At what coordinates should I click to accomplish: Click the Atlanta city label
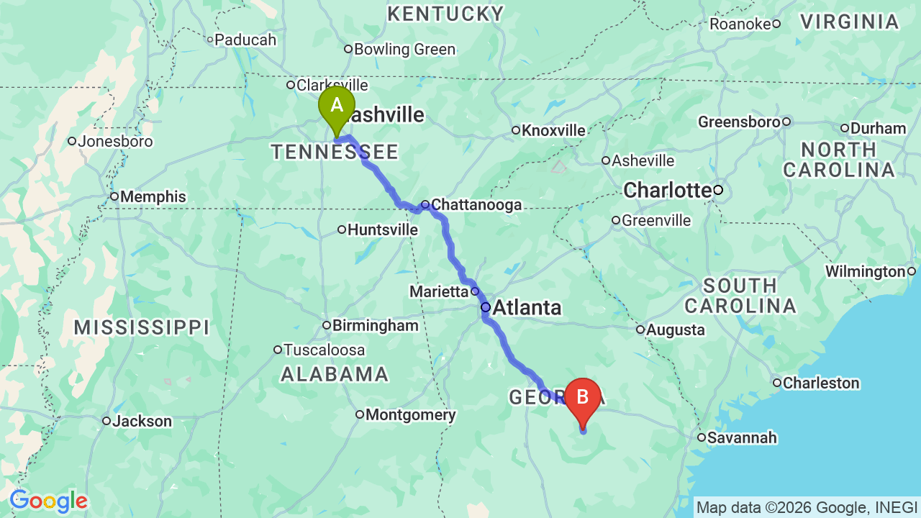point(527,308)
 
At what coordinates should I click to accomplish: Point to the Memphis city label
point(153,196)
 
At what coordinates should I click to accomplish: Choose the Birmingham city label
point(375,325)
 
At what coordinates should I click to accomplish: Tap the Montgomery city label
point(410,414)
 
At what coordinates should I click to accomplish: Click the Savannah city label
point(741,437)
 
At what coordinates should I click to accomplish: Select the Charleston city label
point(820,383)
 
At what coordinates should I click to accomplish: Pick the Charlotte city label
point(667,191)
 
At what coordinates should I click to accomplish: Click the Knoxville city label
point(553,130)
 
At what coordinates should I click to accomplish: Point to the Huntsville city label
point(382,230)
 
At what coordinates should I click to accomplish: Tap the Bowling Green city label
point(404,49)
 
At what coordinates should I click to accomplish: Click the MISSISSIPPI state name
point(142,328)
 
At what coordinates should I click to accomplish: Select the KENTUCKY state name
point(445,14)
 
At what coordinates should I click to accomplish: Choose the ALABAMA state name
point(335,374)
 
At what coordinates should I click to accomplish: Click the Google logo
point(48,501)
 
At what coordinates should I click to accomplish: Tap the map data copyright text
point(807,507)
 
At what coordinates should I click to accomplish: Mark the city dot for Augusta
point(640,330)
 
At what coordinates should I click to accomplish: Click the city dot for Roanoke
point(776,24)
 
